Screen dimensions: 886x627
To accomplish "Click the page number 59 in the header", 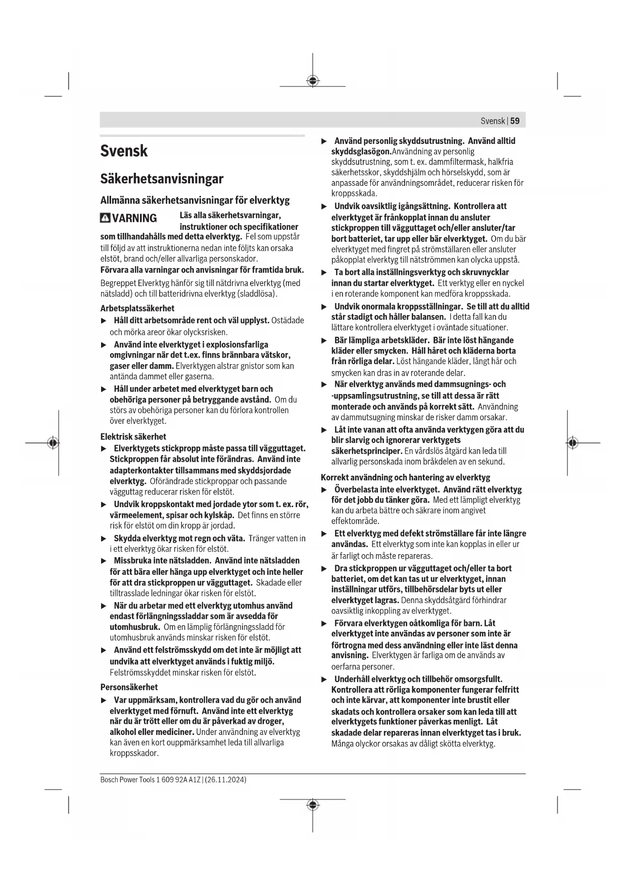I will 515,121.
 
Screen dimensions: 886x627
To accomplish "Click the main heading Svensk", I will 124,151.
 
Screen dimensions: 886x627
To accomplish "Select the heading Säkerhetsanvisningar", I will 162,179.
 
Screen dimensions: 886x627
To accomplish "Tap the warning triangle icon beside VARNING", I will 105,218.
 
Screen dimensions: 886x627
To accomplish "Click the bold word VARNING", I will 134,218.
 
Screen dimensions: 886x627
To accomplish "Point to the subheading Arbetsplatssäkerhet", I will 137,308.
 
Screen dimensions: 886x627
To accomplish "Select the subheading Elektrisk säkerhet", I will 133,436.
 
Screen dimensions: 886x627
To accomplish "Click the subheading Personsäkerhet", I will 129,687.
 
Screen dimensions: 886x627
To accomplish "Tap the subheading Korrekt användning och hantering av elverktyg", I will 405,477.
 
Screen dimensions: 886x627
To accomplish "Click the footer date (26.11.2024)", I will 225,779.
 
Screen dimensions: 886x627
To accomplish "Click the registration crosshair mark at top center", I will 313,80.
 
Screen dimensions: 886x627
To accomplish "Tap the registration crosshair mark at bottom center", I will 313,805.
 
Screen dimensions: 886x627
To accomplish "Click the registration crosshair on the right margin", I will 572,443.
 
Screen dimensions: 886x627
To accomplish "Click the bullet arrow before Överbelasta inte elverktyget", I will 324,489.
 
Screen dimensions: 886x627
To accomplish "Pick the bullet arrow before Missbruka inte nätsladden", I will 104,561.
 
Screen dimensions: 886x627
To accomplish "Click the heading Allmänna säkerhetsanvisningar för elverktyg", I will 195,200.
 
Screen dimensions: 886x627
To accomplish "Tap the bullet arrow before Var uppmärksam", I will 104,700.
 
